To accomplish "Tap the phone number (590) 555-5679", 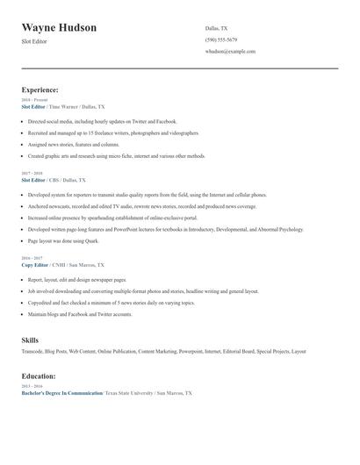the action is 221,39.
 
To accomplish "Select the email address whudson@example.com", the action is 230,51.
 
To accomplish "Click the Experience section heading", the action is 40,89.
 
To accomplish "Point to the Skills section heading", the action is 30,339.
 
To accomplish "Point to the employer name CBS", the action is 68,179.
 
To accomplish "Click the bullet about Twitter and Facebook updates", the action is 102,121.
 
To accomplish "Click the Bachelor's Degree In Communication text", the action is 61,393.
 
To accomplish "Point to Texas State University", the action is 129,393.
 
